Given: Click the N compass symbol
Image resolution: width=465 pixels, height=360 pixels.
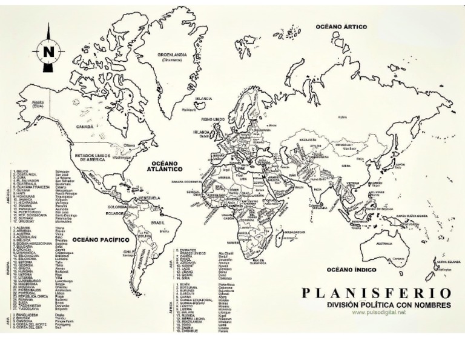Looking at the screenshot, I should (x=48, y=52).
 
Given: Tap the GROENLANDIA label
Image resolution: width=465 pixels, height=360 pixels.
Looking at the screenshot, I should (x=173, y=55).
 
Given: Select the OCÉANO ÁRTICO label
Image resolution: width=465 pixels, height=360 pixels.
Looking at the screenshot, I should (x=342, y=27).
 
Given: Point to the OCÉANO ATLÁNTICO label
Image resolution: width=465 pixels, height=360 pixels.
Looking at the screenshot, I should (x=164, y=167).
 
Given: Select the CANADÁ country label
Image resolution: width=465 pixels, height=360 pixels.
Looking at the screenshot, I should (x=84, y=127).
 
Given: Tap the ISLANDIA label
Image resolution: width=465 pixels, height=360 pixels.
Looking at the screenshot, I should (x=203, y=98).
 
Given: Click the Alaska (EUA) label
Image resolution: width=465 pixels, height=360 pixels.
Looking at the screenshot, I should (x=38, y=104).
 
